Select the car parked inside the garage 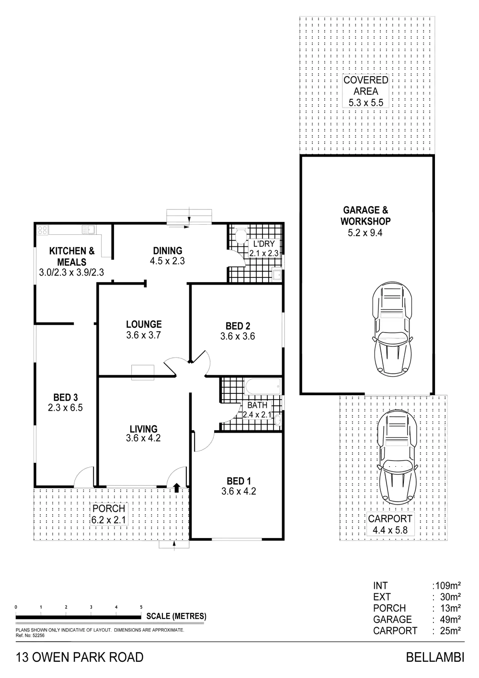click(393, 330)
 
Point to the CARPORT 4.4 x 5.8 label click(390, 524)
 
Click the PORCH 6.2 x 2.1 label click(109, 514)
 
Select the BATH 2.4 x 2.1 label click(257, 410)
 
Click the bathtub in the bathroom click(262, 387)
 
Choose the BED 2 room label click(238, 326)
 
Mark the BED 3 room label click(66, 397)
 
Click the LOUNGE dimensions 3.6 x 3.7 click(144, 335)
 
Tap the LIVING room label click(144, 428)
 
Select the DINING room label click(168, 251)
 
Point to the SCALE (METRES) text click(176, 616)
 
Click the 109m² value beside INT click(448, 586)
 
